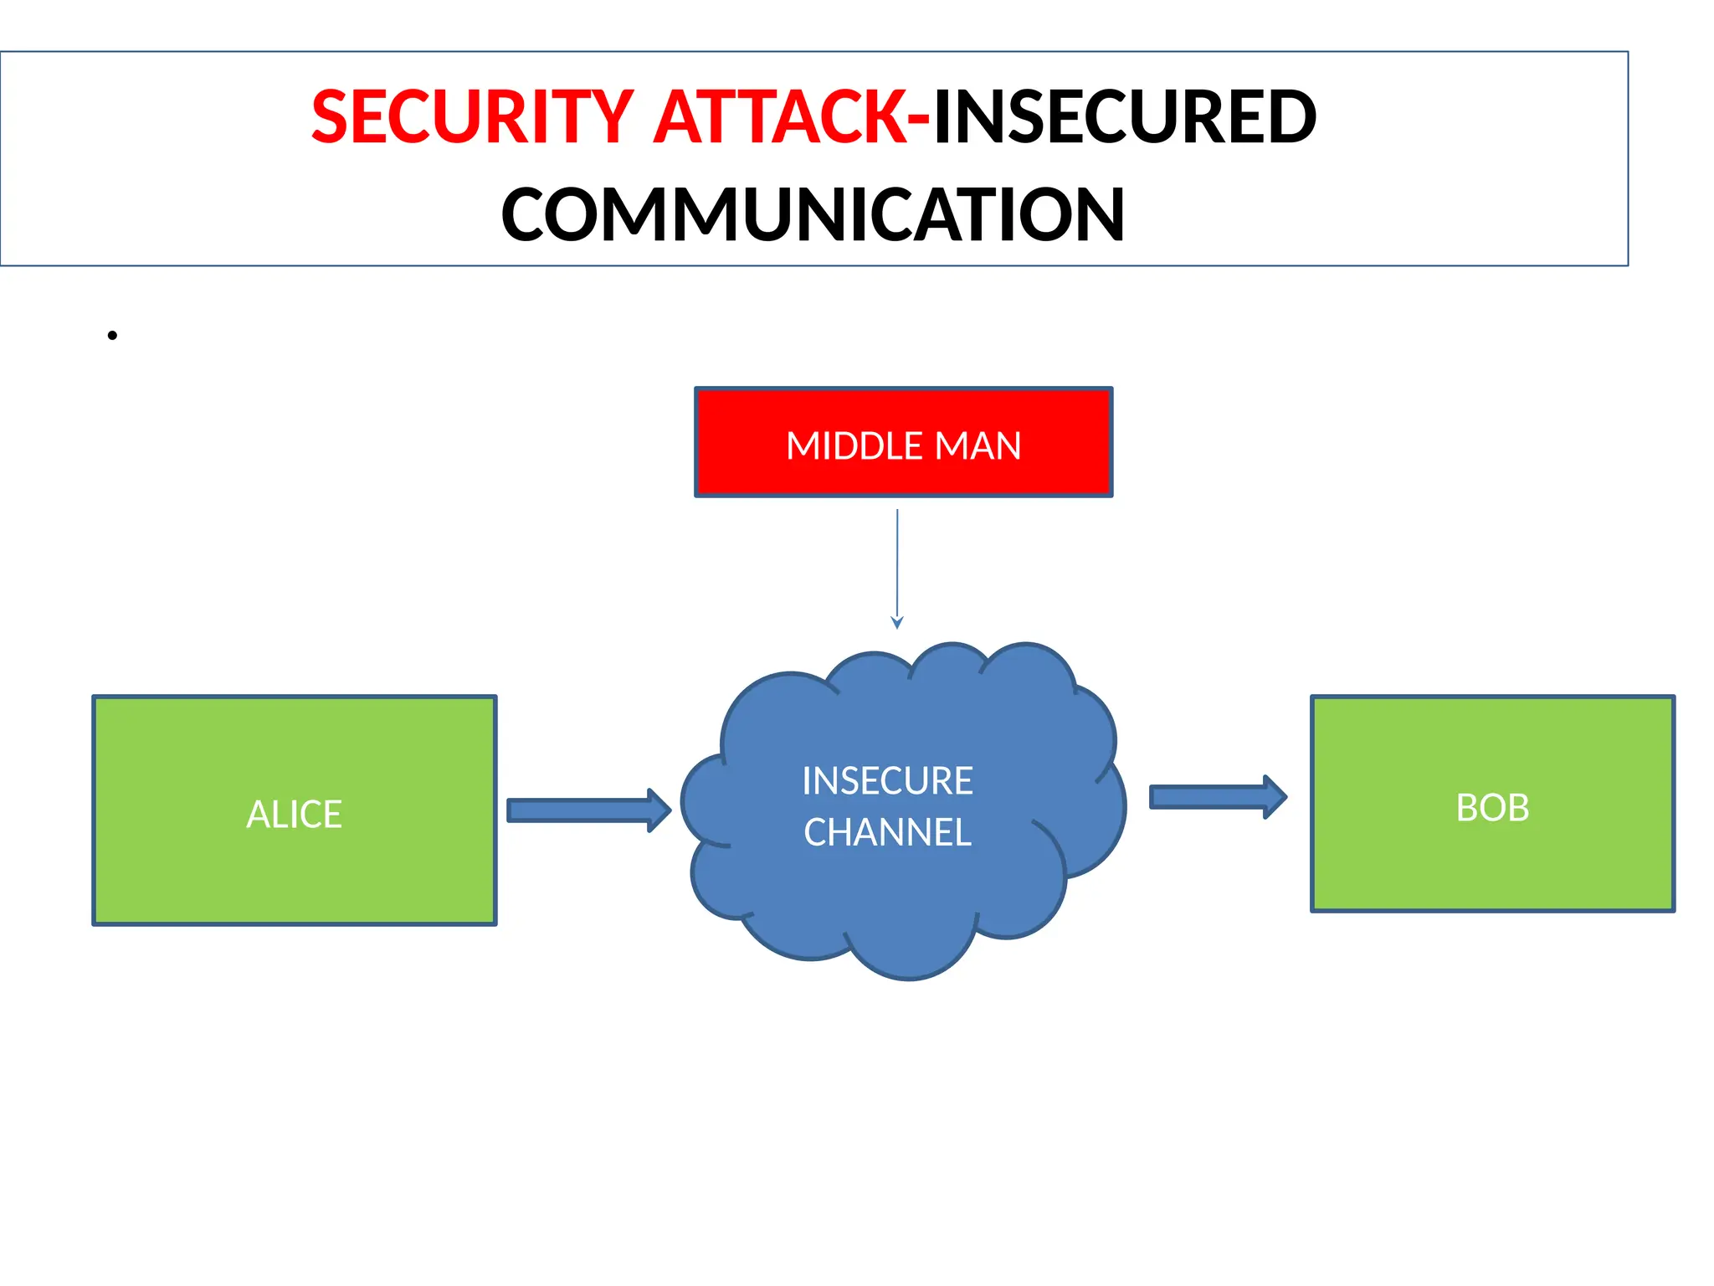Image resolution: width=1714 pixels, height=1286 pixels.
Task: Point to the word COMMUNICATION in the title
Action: pos(813,215)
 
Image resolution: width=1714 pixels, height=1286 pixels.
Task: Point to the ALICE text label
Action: pos(294,814)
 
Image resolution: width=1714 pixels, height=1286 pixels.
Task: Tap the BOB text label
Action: pos(1492,808)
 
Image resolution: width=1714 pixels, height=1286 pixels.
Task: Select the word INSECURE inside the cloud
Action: pos(887,780)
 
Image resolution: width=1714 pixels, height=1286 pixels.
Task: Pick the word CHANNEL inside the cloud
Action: pos(887,832)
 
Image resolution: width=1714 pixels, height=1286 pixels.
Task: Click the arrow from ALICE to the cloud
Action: pos(586,810)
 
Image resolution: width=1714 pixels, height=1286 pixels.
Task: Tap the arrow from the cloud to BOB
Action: pos(1214,797)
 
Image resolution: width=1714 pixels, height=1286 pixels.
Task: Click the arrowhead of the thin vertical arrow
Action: pos(897,622)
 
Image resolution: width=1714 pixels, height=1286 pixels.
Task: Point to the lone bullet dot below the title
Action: pos(112,336)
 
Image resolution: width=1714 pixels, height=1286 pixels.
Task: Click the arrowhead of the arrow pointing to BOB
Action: pos(1275,797)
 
